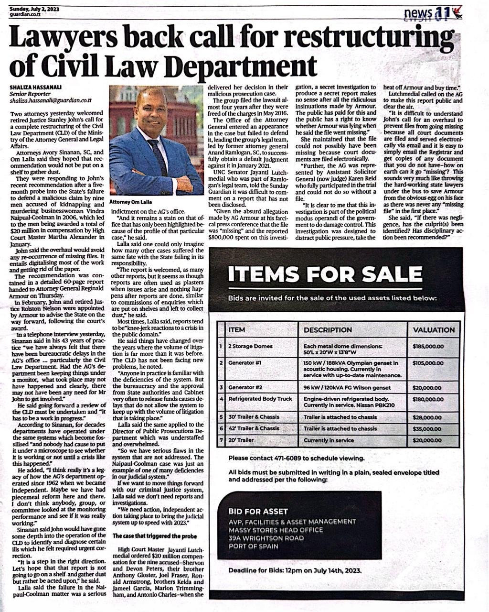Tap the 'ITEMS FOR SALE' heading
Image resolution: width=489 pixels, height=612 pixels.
click(325, 274)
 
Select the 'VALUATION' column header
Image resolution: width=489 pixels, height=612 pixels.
click(434, 330)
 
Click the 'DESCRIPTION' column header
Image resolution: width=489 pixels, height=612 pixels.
click(327, 330)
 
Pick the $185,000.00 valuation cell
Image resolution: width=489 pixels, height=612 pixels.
click(428, 346)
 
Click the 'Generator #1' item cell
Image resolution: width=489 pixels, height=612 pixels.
click(244, 363)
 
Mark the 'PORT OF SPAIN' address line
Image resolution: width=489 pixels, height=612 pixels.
click(254, 546)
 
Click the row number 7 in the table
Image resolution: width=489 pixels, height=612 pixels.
click(221, 440)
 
